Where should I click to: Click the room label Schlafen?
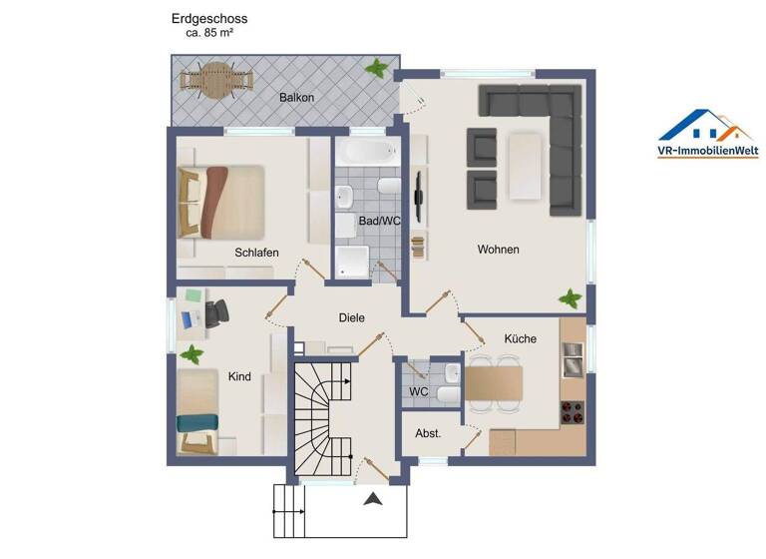pyautogui.click(x=256, y=253)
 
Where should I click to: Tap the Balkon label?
pyautogui.click(x=296, y=97)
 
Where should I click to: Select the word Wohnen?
pyautogui.click(x=498, y=250)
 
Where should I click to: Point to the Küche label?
pyautogui.click(x=520, y=338)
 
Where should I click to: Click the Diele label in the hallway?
pyautogui.click(x=351, y=317)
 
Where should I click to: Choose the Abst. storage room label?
pyautogui.click(x=428, y=433)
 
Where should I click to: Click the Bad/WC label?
pyautogui.click(x=379, y=221)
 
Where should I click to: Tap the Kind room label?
pyautogui.click(x=239, y=376)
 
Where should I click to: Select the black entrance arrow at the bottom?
pyautogui.click(x=374, y=500)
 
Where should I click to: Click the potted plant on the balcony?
pyautogui.click(x=377, y=68)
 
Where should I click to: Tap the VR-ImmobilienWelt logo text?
pyautogui.click(x=707, y=151)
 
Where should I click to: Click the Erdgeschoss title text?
pyautogui.click(x=209, y=18)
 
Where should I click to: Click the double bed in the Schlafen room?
pyautogui.click(x=221, y=202)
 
